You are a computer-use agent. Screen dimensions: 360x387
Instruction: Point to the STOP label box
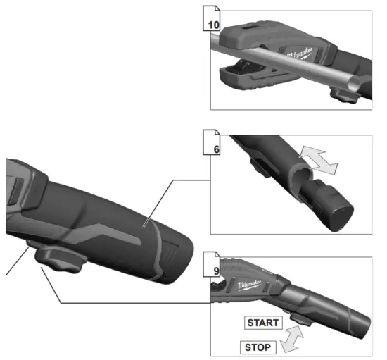coord(260,347)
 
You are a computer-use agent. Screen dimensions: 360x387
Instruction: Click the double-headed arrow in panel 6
coord(317,159)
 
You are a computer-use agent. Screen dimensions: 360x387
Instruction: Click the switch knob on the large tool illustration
coord(59,263)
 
